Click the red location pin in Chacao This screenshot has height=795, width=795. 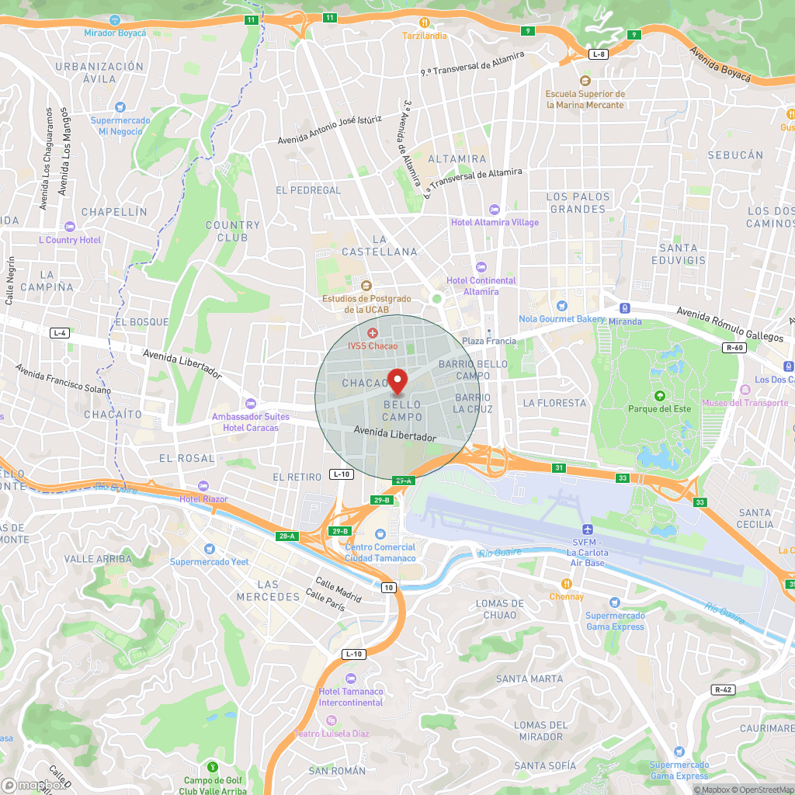click(x=397, y=381)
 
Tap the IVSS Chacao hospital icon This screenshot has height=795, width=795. click(x=372, y=332)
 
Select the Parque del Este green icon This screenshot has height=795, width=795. click(x=660, y=396)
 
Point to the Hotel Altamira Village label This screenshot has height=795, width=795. click(x=495, y=223)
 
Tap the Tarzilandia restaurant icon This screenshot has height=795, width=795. click(x=425, y=22)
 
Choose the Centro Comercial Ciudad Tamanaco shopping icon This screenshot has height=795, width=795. click(x=380, y=534)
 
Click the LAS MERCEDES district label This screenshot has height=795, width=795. click(x=268, y=591)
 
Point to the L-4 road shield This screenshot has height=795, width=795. click(x=59, y=333)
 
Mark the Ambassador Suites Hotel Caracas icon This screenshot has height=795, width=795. click(x=250, y=403)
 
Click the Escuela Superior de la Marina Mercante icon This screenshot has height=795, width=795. click(x=585, y=81)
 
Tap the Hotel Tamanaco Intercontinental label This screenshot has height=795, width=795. click(x=351, y=697)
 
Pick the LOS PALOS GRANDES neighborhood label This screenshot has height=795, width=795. click(x=578, y=203)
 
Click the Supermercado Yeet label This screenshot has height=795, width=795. click(x=210, y=562)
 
